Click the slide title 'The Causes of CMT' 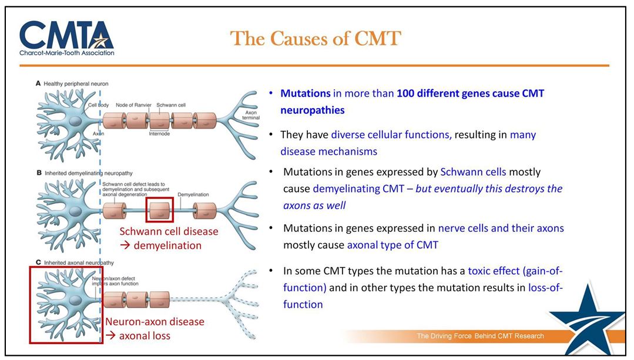(316, 39)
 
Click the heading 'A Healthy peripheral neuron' (72, 84)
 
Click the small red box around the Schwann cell (160, 211)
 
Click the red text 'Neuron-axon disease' (155, 322)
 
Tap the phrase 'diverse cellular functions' (391, 135)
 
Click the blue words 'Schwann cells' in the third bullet (473, 172)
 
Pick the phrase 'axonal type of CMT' (393, 245)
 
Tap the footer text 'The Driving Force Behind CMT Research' (480, 336)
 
